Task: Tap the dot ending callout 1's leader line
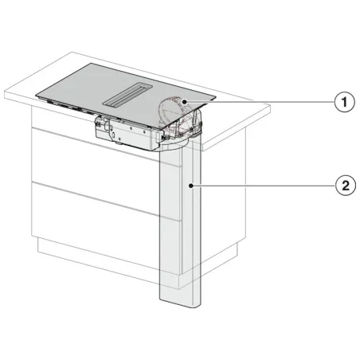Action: (x=184, y=102)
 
